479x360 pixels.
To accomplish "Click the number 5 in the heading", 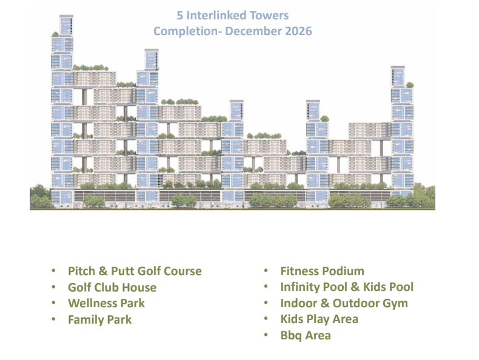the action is pos(180,16).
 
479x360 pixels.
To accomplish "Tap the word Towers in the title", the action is pos(269,16).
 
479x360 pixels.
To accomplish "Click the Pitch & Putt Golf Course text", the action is pos(135,271).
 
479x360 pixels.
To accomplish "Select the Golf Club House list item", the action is pos(112,287).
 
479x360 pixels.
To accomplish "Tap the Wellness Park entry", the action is pos(106,303).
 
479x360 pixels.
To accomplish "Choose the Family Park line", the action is pos(99,319).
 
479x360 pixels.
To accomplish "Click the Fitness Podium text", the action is pos(323,271).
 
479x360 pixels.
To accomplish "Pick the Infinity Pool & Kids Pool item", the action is pos(347,287).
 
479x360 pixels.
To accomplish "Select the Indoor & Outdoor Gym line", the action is pos(344,303).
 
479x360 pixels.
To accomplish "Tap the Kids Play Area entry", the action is pos(319,319).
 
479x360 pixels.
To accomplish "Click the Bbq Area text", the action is pos(306,335).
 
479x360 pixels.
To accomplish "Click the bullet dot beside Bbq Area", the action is pos(266,335).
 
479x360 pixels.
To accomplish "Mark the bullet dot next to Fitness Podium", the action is pos(266,270).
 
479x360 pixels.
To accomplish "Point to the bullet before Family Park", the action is pos(54,319).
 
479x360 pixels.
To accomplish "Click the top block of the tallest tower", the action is pos(66,25).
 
